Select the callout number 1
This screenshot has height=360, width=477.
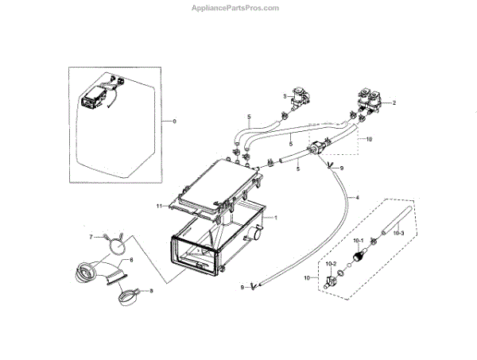(275, 217)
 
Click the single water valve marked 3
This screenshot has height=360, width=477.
(301, 99)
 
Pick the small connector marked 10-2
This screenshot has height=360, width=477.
(328, 280)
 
